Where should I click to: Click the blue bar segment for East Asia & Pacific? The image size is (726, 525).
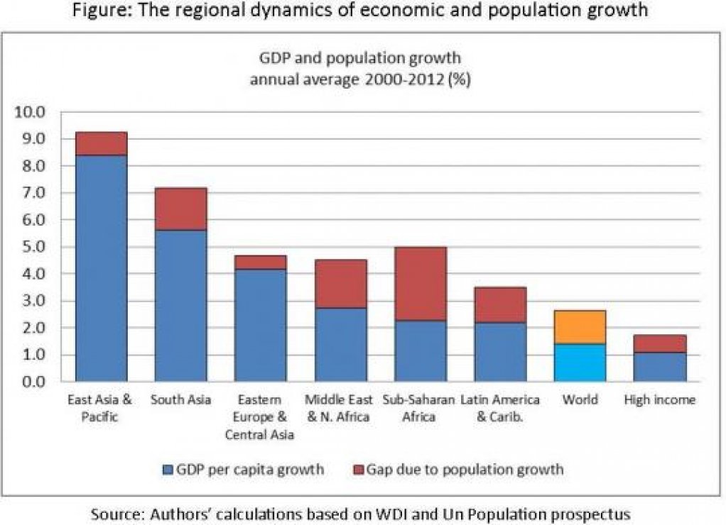point(101,268)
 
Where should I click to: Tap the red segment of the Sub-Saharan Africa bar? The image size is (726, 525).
point(421,284)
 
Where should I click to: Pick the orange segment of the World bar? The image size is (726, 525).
point(580,327)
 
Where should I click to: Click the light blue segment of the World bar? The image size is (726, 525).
point(580,363)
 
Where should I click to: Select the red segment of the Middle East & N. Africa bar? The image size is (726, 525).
point(341,284)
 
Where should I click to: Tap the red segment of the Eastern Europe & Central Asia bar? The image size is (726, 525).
point(261,262)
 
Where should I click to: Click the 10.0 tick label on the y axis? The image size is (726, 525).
point(30,112)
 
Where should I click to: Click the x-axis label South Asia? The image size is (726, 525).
point(180,400)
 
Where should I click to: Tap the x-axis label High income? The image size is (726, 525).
point(659,400)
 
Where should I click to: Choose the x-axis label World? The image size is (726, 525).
point(580,400)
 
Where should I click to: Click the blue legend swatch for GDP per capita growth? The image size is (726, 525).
point(168,469)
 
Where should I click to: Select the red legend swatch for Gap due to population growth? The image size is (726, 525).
point(357,469)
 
